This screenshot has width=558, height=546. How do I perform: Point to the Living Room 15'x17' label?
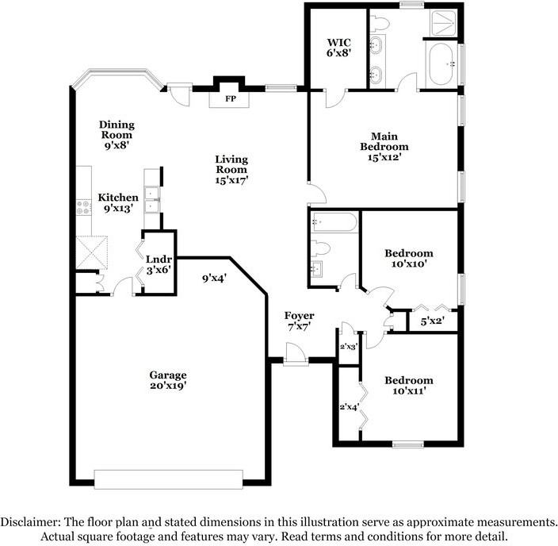[231, 169]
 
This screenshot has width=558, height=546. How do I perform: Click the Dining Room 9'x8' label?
[117, 135]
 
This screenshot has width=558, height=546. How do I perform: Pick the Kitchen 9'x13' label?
[118, 202]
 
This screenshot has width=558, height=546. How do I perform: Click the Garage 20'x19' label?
[168, 380]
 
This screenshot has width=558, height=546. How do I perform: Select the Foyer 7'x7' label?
[299, 321]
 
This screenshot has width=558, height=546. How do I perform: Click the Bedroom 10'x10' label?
[409, 260]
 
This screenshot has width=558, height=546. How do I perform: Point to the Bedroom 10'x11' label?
[409, 386]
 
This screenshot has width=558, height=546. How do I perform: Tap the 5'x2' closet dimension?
[432, 322]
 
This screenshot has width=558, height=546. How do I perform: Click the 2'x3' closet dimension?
[349, 347]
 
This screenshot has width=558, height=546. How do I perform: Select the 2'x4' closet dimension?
[349, 407]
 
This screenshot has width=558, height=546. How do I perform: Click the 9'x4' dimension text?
[214, 279]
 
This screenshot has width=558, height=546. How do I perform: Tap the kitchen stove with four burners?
[83, 207]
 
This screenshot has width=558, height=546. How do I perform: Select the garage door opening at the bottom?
[168, 479]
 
